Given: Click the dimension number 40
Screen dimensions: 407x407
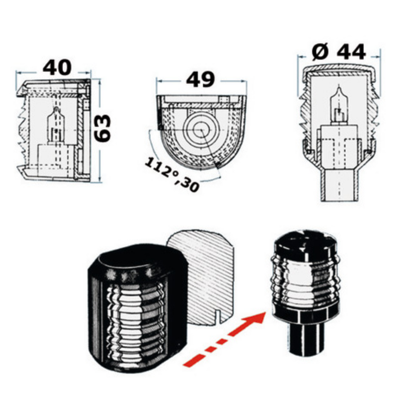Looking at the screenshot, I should click(57, 68).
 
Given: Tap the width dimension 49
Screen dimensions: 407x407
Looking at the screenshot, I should click(201, 80).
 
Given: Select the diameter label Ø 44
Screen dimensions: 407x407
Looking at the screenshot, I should click(339, 52).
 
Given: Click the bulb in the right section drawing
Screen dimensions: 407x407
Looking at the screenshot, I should click(339, 104).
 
